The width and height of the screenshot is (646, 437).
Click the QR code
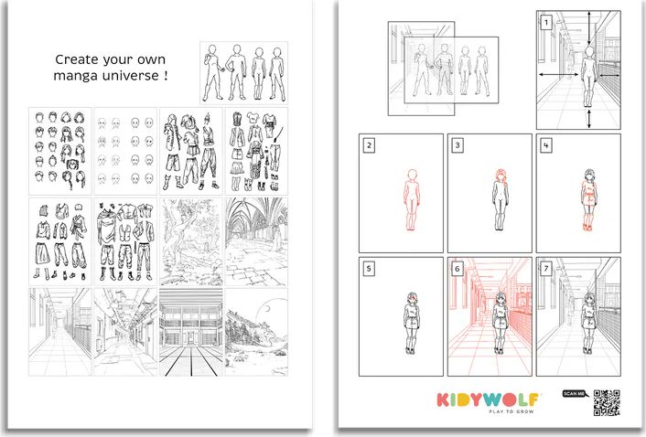[607, 403]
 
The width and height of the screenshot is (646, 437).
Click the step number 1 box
[546, 21]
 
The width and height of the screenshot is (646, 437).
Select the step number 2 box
[368, 144]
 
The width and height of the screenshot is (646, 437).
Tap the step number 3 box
[457, 144]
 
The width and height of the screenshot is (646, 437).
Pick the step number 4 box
[545, 144]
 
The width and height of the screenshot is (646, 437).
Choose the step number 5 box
[368, 269]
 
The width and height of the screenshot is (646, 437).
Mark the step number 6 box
[457, 269]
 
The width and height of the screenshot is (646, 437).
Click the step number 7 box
[545, 269]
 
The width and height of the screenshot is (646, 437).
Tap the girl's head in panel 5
[410, 298]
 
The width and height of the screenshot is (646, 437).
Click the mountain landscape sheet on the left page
[256, 333]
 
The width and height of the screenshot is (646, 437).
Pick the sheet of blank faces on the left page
[124, 148]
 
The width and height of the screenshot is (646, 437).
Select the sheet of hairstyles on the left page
[59, 148]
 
